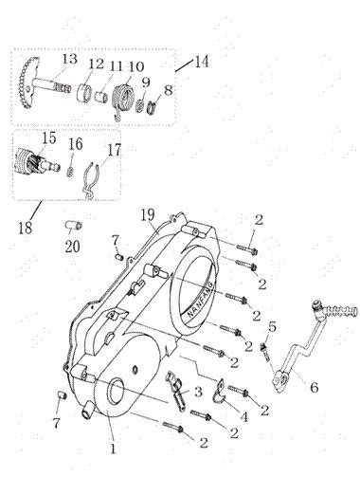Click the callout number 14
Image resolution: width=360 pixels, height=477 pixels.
[202, 61]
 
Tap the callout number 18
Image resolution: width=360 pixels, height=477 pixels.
[26, 228]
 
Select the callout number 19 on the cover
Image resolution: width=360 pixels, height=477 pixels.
[148, 215]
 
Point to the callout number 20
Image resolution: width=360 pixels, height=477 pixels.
[72, 247]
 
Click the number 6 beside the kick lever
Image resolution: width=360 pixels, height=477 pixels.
[314, 387]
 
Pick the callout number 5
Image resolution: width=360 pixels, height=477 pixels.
[272, 326]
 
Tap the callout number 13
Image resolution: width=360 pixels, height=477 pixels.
[69, 59]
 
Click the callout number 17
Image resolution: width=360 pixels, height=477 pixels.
[115, 150]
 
